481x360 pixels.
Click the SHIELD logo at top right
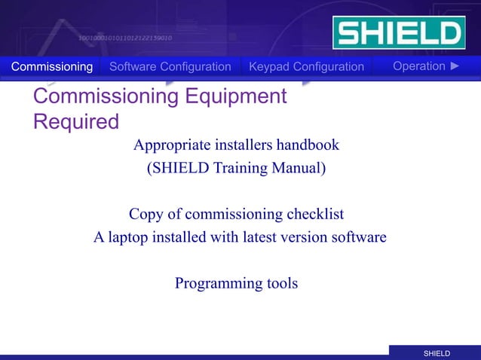tap(398, 33)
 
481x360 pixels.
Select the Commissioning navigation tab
tap(52, 67)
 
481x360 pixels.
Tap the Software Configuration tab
tap(170, 67)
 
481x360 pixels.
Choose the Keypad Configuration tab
tap(306, 67)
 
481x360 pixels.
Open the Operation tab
tap(418, 66)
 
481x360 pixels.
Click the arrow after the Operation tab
tap(454, 66)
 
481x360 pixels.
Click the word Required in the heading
tap(76, 121)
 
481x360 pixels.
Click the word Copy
tap(146, 215)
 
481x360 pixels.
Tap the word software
tap(358, 238)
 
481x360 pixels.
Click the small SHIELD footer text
tap(437, 353)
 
